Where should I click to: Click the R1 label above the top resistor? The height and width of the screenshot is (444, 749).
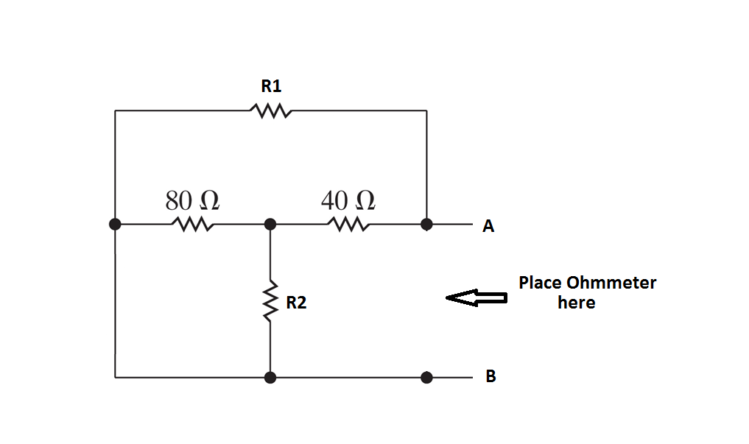pos(271,86)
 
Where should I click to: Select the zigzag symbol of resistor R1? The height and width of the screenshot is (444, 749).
pos(271,111)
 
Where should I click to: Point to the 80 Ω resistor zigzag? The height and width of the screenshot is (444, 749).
pos(192,224)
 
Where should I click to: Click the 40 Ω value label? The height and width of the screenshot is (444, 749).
pos(348,200)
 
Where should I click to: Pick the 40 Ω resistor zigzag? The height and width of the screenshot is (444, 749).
pos(348,224)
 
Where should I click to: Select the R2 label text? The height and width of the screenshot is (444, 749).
pos(296,302)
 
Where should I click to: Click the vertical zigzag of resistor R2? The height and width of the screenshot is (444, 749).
pos(270,300)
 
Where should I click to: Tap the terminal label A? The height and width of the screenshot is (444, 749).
pos(488,227)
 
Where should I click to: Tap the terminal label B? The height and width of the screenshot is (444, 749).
pos(490,377)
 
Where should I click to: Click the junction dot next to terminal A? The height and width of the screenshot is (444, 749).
pos(426,224)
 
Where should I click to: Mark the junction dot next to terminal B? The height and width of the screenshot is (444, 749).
pos(426,378)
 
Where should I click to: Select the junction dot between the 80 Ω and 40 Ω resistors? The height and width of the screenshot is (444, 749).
pos(270,224)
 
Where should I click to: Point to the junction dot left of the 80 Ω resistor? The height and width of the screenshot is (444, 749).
pos(115,224)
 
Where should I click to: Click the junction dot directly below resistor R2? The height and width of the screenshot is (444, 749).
pos(270,378)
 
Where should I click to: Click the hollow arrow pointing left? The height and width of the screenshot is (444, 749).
pos(477,297)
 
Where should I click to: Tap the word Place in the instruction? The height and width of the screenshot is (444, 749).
pos(541,283)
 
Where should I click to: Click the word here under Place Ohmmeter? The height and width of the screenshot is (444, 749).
pos(576,303)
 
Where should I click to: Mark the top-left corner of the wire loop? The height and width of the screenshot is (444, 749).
pos(115,111)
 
